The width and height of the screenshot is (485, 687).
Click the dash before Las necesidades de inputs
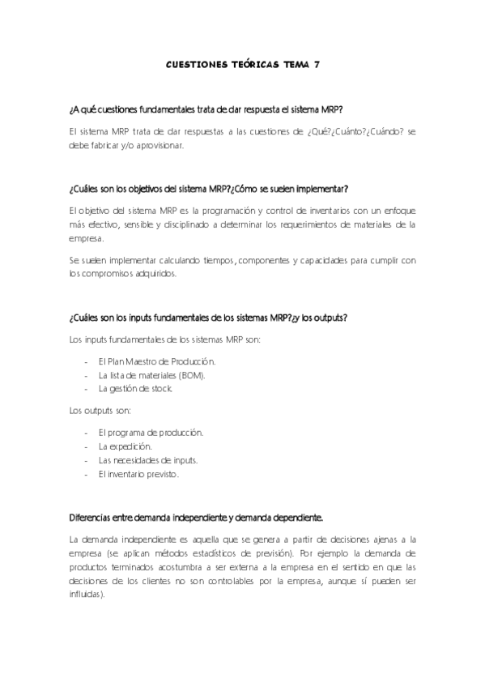click(x=87, y=460)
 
